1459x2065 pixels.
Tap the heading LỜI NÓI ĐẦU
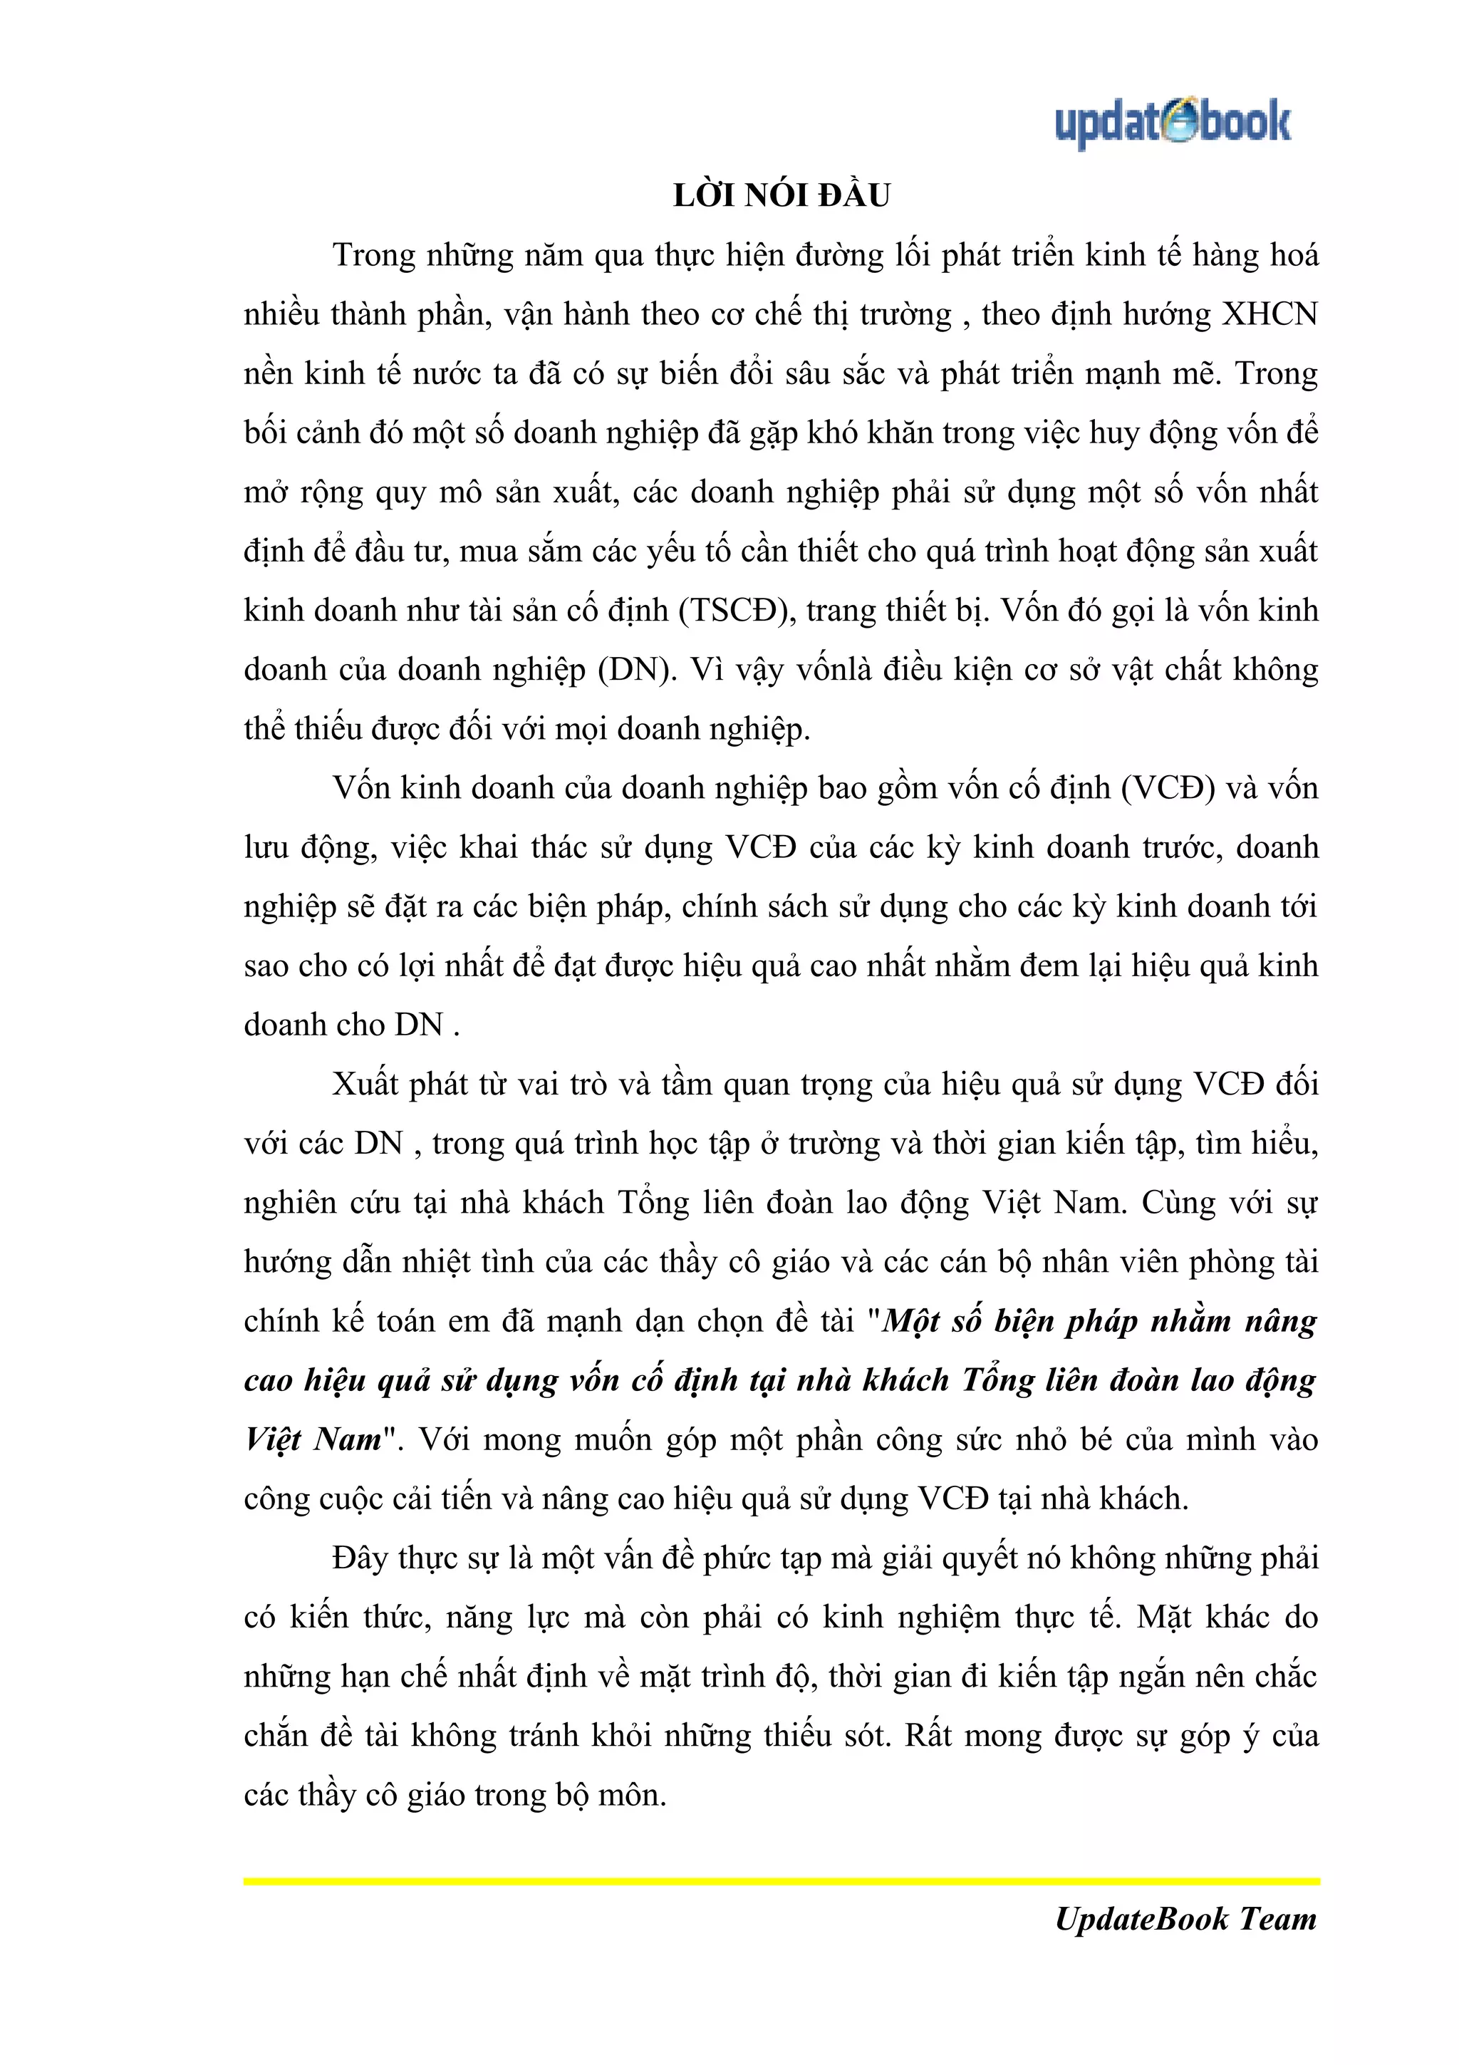pyautogui.click(x=782, y=195)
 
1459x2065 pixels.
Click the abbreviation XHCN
pyautogui.click(x=1270, y=314)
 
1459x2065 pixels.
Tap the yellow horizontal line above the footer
pyautogui.click(x=782, y=1880)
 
